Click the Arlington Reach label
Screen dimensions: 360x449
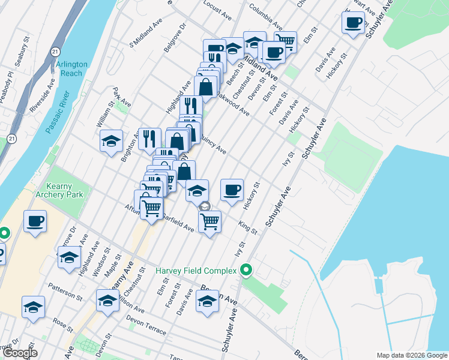[71, 68]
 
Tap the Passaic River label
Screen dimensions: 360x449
[58, 113]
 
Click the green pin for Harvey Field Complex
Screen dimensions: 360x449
[246, 271]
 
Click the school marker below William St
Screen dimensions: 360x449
[111, 141]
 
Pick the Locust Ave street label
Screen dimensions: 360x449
[217, 10]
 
